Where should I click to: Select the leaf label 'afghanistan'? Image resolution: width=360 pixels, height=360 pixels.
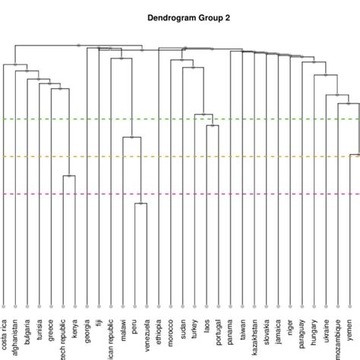click(15, 336)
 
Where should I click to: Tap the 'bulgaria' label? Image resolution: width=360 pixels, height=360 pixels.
click(27, 333)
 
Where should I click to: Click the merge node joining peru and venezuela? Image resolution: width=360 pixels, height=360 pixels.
click(141, 204)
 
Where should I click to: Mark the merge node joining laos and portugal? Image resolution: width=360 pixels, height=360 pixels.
click(213, 125)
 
